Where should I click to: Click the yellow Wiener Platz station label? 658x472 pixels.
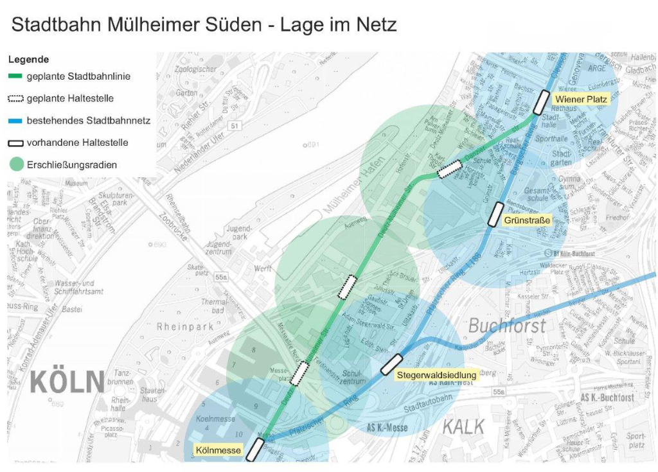tap(581, 99)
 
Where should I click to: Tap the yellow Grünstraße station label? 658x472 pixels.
tap(528, 221)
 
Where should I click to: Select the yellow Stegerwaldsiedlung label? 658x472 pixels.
tap(436, 374)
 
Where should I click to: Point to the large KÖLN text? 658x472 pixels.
tap(67, 382)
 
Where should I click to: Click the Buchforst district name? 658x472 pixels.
tap(507, 326)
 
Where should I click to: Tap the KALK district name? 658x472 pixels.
tap(463, 426)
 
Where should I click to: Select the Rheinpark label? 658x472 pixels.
tap(186, 327)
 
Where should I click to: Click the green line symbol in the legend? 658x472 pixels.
tap(15, 76)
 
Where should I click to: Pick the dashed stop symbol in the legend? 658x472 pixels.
tap(15, 98)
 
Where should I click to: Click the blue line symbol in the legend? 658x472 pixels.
tap(15, 121)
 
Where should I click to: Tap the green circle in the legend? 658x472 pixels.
tap(16, 164)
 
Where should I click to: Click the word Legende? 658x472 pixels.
tap(28, 60)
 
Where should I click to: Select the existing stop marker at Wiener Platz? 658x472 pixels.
tap(541, 102)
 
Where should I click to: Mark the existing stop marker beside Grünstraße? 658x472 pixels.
tap(495, 214)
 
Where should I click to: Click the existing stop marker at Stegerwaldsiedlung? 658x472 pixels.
tap(391, 364)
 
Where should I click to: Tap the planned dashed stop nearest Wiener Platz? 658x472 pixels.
tap(450, 169)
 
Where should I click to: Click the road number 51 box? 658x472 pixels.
tap(235, 126)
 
